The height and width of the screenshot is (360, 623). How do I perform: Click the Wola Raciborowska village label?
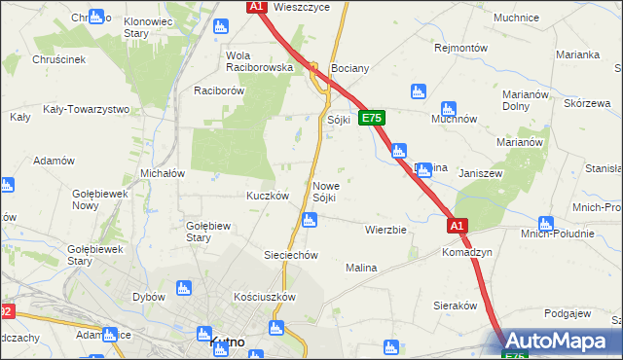coord(259,61)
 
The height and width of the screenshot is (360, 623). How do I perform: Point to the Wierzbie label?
coord(385,231)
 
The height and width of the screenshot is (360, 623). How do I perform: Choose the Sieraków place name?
coord(453,305)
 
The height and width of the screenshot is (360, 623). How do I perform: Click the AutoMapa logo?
coord(564,342)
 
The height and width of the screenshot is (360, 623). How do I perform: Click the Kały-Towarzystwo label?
coord(87,109)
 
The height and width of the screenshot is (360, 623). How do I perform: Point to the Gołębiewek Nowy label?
coord(100,199)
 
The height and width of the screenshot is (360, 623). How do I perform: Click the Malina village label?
coord(361,267)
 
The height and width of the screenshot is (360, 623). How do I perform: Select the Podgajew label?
coord(568,313)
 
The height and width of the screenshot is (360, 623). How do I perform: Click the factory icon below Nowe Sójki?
coord(309,221)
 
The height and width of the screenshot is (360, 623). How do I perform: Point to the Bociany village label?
coord(350,70)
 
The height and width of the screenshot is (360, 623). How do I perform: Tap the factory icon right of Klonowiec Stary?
coord(96,17)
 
